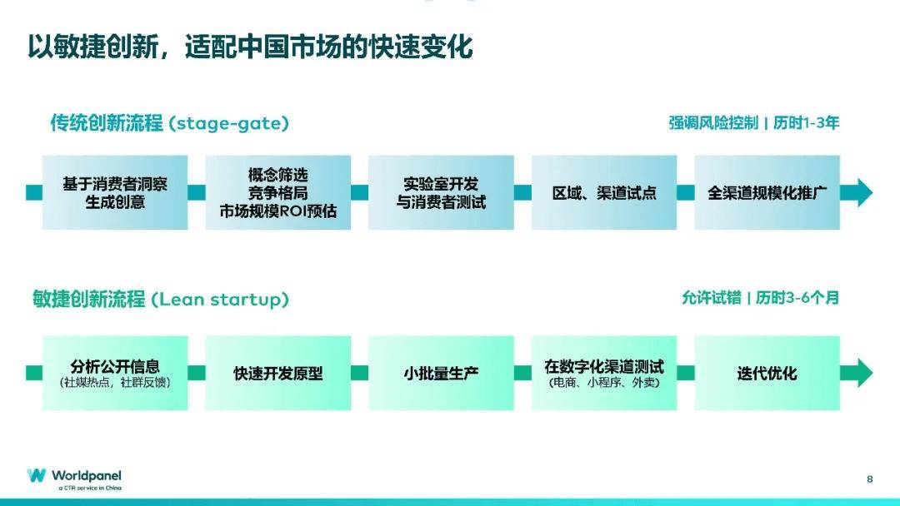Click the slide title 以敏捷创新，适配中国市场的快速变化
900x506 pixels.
[250, 47]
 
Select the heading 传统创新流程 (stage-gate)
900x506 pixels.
[169, 123]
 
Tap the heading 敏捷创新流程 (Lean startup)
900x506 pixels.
[161, 300]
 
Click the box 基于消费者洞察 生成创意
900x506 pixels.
[115, 192]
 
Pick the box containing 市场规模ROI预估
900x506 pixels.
[277, 192]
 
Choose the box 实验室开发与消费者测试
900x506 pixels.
[441, 192]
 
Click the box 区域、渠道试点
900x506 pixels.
[604, 192]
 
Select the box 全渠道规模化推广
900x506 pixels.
[767, 192]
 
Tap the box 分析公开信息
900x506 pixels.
[115, 372]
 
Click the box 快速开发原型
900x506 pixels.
[277, 373]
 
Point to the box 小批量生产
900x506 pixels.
[441, 373]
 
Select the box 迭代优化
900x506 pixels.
[767, 373]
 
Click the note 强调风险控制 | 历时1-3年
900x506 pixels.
[753, 123]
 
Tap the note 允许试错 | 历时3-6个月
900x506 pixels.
[760, 298]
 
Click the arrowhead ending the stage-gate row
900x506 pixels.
[857, 192]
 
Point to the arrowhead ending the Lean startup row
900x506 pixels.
[857, 373]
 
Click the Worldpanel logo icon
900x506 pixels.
[37, 475]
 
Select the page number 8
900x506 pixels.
[870, 479]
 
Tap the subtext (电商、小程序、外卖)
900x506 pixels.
[604, 384]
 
